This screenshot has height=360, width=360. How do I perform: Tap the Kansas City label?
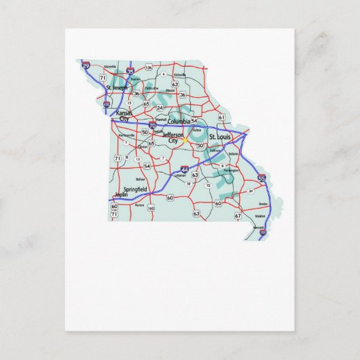pos(124,115)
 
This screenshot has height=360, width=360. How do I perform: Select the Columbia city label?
pos(179,121)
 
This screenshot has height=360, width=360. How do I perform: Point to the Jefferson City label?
pos(173,138)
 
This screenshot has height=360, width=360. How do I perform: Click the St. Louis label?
pos(220,137)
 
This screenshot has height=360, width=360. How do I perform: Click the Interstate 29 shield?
pos(86,66)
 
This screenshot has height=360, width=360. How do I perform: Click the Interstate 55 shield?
pos(262,178)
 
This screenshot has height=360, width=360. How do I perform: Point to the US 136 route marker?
pos(149,68)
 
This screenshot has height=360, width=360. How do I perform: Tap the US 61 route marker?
pos(221,117)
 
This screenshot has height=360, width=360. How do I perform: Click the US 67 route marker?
pos(238,215)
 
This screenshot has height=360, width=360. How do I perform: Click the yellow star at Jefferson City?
pos(183,141)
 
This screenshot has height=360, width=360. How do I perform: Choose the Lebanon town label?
pos(180,175)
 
